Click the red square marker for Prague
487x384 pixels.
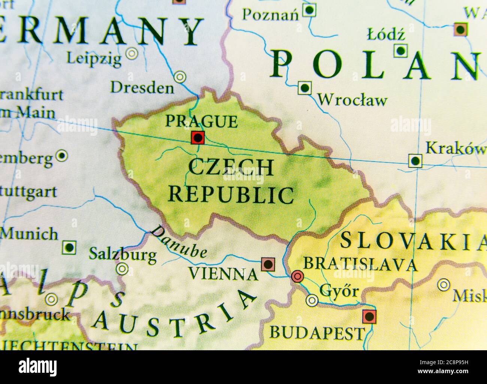coord(197,138)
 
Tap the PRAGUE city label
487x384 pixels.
coord(201,121)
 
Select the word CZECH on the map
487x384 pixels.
coord(231,168)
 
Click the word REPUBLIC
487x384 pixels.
coord(231,195)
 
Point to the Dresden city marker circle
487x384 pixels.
coord(180,77)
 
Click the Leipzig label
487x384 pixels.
coord(94,58)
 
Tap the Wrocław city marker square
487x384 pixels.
coord(305,88)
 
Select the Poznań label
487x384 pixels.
coord(270,15)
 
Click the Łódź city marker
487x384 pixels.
coord(400,51)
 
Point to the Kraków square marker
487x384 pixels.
coord(415,161)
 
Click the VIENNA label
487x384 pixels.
coord(223,274)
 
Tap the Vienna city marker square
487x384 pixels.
coord(268,264)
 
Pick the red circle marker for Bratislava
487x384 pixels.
coord(297,277)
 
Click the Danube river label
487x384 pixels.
coord(179,242)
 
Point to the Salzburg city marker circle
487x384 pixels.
coord(122,268)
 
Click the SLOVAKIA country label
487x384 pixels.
coord(412,241)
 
